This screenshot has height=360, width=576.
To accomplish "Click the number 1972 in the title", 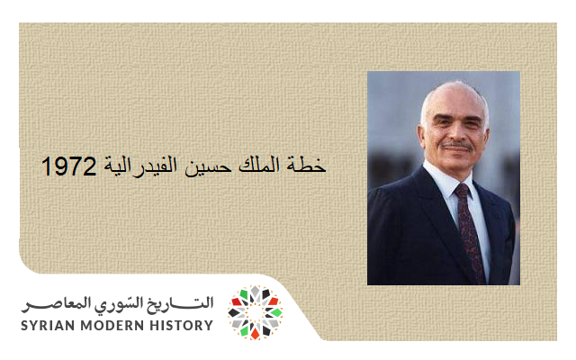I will [x=68, y=167].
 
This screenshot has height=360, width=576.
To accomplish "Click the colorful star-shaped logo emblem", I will [x=255, y=312].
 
